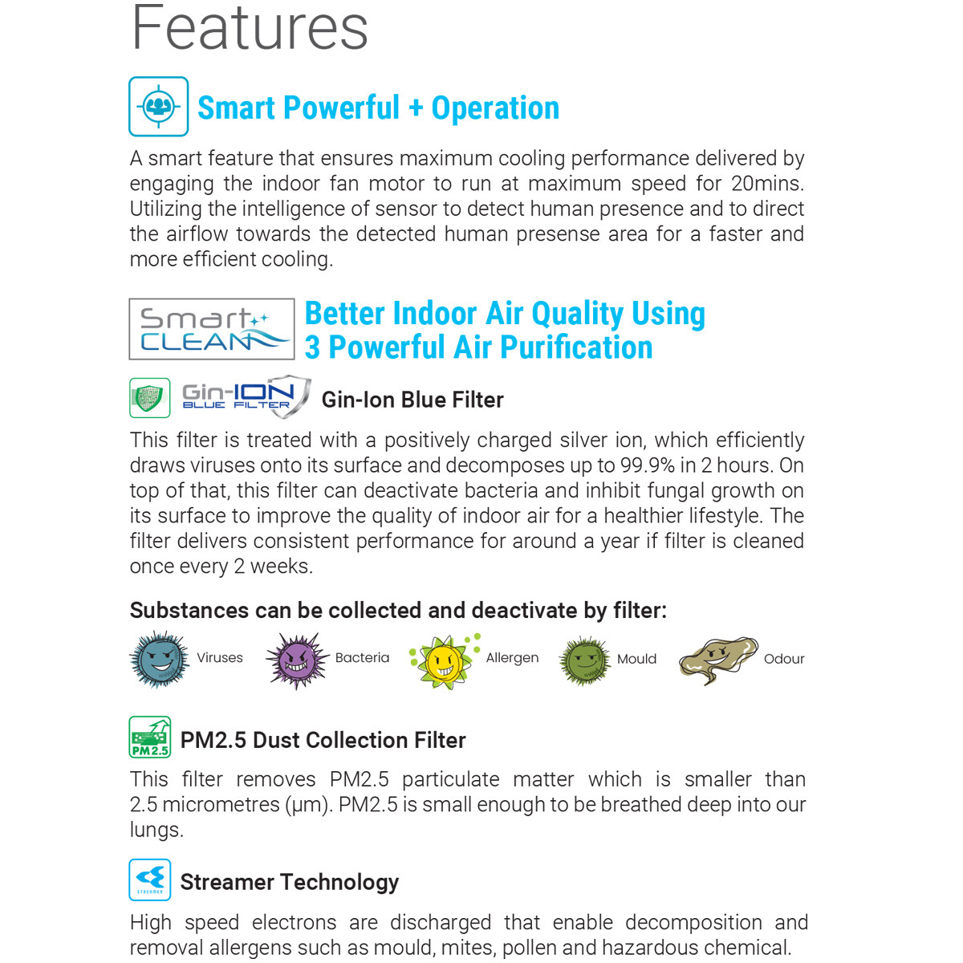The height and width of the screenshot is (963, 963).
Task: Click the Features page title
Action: [x=250, y=27]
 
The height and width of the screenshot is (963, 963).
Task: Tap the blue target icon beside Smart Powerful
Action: [x=159, y=107]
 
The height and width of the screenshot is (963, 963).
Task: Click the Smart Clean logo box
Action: [x=212, y=329]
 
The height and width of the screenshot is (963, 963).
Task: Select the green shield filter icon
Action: [x=150, y=398]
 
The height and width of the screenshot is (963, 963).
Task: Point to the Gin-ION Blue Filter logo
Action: [x=246, y=396]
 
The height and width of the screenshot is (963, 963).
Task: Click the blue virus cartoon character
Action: [x=159, y=660]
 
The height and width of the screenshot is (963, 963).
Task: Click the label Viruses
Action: [x=220, y=658]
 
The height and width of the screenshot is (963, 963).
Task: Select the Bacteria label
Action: [x=362, y=658]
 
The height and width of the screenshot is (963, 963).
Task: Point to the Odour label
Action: [x=784, y=659]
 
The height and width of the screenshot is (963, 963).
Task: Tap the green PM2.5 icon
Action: [x=150, y=737]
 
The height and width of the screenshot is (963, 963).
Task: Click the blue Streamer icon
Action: [x=150, y=880]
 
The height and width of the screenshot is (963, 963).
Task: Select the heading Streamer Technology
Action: [x=290, y=882]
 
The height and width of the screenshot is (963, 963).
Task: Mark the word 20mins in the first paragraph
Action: [x=766, y=184]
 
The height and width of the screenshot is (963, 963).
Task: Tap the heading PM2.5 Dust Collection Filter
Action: [x=323, y=740]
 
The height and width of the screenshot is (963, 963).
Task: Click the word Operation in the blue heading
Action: [x=495, y=108]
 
